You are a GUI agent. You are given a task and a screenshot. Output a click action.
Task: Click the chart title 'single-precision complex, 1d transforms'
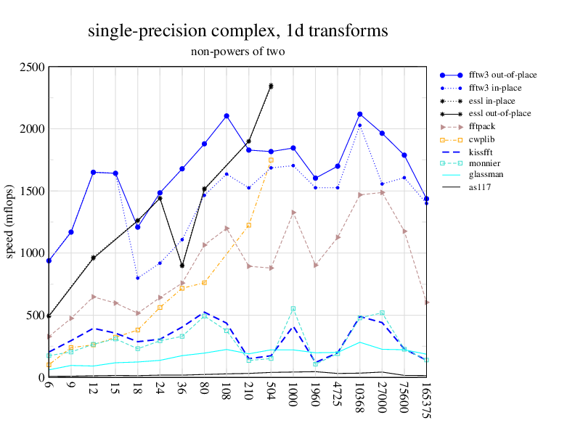pyautogui.click(x=237, y=31)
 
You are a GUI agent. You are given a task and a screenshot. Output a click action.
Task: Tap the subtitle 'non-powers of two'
pyautogui.click(x=237, y=52)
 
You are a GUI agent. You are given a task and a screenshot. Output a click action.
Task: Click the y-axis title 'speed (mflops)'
pyautogui.click(x=10, y=222)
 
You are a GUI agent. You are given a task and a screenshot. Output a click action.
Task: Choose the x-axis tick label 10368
pyautogui.click(x=359, y=398)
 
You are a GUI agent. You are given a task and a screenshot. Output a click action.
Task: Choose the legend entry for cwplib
pyautogui.click(x=484, y=139)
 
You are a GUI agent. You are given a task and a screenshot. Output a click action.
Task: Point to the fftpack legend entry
pyautogui.click(x=485, y=126)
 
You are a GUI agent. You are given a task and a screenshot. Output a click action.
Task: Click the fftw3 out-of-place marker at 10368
pyautogui.click(x=359, y=115)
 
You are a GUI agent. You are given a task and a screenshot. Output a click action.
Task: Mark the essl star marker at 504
pyautogui.click(x=271, y=86)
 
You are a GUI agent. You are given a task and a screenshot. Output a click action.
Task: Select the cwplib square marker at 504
pyautogui.click(x=271, y=160)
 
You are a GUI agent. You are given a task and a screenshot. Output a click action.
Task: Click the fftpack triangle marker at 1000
pyautogui.click(x=293, y=213)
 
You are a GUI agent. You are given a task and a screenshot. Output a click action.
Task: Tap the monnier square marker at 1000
pyautogui.click(x=293, y=309)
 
